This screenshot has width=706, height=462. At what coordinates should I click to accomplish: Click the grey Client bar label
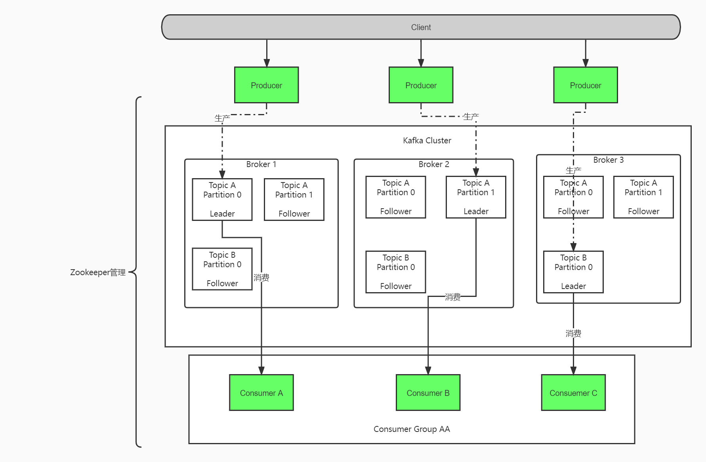pyautogui.click(x=421, y=27)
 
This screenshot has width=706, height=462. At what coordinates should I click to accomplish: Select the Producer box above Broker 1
pyautogui.click(x=266, y=85)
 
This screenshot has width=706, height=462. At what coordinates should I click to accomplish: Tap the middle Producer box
pyautogui.click(x=421, y=85)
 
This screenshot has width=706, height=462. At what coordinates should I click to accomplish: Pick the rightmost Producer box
pyautogui.click(x=585, y=85)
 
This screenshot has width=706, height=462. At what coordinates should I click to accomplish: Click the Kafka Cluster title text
pyautogui.click(x=427, y=141)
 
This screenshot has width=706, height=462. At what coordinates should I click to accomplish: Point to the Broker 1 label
pyautogui.click(x=261, y=164)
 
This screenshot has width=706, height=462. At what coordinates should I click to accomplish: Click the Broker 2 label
pyautogui.click(x=433, y=164)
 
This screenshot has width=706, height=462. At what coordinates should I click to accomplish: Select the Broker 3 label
pyautogui.click(x=608, y=160)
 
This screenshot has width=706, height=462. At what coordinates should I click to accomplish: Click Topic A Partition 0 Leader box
pyautogui.click(x=222, y=200)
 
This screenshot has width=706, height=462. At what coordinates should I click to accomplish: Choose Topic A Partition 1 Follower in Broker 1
pyautogui.click(x=294, y=200)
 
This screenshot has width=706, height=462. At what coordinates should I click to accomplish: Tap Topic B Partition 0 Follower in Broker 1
pyautogui.click(x=222, y=269)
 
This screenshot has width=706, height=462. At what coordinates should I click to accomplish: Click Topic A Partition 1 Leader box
pyautogui.click(x=475, y=197)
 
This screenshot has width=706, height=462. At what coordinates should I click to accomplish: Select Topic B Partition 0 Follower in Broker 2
pyautogui.click(x=395, y=272)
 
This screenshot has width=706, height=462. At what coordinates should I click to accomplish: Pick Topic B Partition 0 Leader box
pyautogui.click(x=573, y=272)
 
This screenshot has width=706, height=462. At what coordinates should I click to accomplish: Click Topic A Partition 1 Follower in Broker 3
pyautogui.click(x=643, y=197)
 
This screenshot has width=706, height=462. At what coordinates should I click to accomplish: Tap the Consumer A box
pyautogui.click(x=261, y=393)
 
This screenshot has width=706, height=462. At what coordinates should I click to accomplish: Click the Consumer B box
pyautogui.click(x=428, y=393)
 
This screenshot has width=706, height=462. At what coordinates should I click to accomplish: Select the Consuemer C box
pyautogui.click(x=573, y=393)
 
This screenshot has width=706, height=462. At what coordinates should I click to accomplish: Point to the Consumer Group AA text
pyautogui.click(x=411, y=429)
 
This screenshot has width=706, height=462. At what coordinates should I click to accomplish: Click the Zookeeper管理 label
pyautogui.click(x=98, y=272)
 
